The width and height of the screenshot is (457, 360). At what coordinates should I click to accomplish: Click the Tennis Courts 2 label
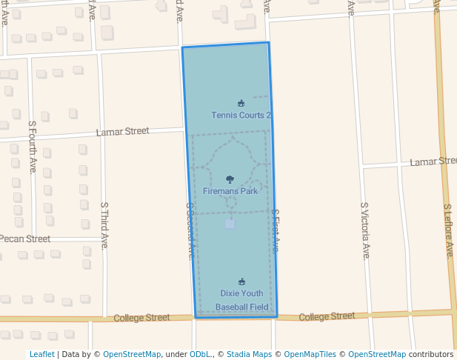[241, 116]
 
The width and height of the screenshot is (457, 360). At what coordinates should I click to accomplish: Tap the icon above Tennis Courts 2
[241, 103]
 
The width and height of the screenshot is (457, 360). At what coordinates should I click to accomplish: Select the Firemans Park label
[230, 191]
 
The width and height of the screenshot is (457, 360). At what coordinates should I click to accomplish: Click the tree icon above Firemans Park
[230, 179]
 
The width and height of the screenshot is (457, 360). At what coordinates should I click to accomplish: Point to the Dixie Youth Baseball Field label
[241, 300]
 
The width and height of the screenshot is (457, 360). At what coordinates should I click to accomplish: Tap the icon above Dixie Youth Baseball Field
[241, 281]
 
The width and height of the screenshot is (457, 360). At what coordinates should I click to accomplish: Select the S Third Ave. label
[105, 225]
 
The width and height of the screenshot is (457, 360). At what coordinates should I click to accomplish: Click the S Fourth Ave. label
[33, 147]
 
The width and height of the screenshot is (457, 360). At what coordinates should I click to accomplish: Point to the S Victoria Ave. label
[364, 230]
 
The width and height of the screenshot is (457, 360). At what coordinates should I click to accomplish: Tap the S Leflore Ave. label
[448, 230]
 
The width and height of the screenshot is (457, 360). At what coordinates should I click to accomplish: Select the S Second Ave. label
[190, 230]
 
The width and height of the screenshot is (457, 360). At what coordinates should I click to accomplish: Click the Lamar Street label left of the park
[123, 132]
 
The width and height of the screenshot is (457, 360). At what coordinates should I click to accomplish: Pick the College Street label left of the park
[141, 318]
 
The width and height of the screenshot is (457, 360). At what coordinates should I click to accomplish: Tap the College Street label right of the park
[327, 316]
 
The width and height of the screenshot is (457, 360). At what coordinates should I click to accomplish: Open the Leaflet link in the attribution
[42, 354]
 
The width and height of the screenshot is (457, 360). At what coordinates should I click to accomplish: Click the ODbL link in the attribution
[199, 354]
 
